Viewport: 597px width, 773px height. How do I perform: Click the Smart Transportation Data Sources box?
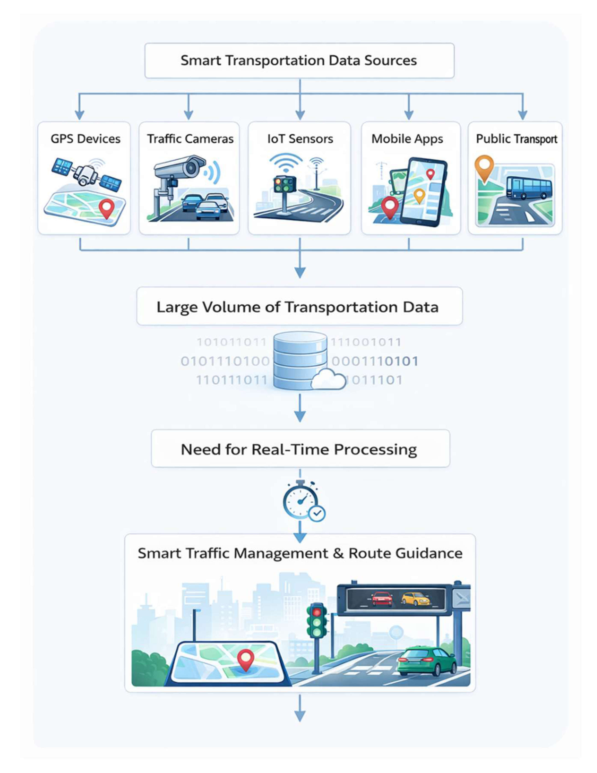click(299, 61)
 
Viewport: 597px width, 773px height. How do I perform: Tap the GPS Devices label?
click(85, 139)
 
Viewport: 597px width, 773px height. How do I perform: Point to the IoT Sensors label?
click(300, 139)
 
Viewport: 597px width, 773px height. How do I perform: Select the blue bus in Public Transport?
click(529, 187)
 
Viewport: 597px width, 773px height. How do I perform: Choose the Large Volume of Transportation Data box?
click(300, 306)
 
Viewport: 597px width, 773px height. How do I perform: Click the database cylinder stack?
click(300, 360)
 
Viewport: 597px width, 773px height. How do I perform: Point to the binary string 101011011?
click(232, 342)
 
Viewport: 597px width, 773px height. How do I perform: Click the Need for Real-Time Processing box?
click(300, 449)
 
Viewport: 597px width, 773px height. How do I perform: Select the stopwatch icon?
click(301, 500)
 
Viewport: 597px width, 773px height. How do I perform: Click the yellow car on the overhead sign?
click(415, 599)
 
